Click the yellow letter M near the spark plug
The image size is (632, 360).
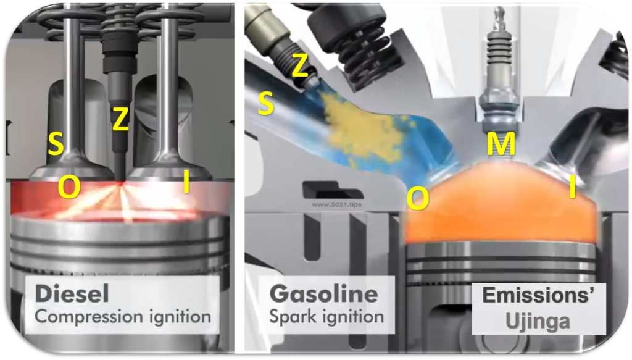coord(501,144)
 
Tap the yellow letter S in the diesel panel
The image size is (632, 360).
coord(56,144)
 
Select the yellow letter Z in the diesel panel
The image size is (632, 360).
coord(120,119)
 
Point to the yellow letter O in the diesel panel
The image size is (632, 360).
coord(69,187)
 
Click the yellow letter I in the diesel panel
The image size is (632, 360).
coord(186,182)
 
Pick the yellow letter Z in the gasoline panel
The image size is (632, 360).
coord(299,65)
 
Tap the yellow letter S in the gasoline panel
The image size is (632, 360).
coord(265,103)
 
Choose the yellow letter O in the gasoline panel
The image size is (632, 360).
coord(418,199)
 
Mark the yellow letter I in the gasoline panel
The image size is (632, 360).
coord(572,187)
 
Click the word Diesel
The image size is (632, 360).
coord(72,293)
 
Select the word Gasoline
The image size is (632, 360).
coord(323,293)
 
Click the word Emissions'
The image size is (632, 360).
coord(538,296)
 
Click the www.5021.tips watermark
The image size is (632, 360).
coord(336,204)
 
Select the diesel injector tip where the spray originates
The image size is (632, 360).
coord(120,180)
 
